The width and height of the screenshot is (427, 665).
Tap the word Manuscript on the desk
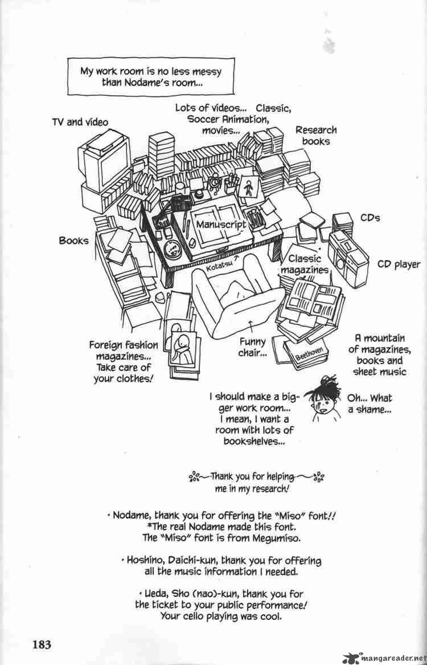click(221, 224)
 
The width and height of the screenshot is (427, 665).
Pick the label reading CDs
click(371, 218)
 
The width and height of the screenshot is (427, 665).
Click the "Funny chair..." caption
click(252, 348)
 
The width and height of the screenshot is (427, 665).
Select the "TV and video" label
click(80, 122)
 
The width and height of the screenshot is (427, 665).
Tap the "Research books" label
click(316, 135)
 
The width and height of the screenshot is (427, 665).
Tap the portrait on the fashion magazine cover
click(184, 345)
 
